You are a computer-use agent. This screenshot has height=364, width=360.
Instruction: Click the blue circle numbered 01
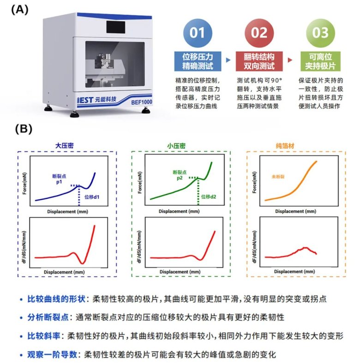tap(198, 33)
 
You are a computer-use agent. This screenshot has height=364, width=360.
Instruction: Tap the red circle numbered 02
tap(259, 33)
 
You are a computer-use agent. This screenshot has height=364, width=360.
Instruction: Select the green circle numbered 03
tap(320, 33)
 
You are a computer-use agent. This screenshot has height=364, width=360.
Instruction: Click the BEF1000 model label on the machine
tap(141, 102)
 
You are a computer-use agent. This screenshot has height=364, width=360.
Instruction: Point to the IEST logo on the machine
tap(85, 100)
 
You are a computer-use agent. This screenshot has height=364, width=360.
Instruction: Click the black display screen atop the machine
tap(116, 27)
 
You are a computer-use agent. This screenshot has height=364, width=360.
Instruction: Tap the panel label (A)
tap(20, 10)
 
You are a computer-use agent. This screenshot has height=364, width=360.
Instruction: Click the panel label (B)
tap(24, 129)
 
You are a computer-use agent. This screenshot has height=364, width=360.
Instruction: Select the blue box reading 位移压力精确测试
tap(198, 61)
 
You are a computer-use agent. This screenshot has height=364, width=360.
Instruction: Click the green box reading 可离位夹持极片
tap(320, 61)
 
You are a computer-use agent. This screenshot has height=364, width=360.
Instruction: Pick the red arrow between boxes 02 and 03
tap(290, 60)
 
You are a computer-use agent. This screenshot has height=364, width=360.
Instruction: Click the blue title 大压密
tap(64, 145)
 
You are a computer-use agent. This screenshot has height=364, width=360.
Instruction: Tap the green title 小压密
tap(176, 146)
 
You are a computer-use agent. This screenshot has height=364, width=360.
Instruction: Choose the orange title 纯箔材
tap(285, 146)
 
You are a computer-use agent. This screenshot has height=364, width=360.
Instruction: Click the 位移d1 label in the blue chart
tap(92, 197)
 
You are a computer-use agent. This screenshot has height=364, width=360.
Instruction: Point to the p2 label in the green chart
tap(180, 178)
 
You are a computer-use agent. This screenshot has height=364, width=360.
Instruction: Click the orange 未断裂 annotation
tap(278, 177)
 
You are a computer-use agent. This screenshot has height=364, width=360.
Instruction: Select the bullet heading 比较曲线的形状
tap(56, 299)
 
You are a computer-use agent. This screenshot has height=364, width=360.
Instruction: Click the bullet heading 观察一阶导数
tap(52, 354)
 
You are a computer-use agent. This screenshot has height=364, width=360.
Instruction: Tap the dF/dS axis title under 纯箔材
tap(255, 246)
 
